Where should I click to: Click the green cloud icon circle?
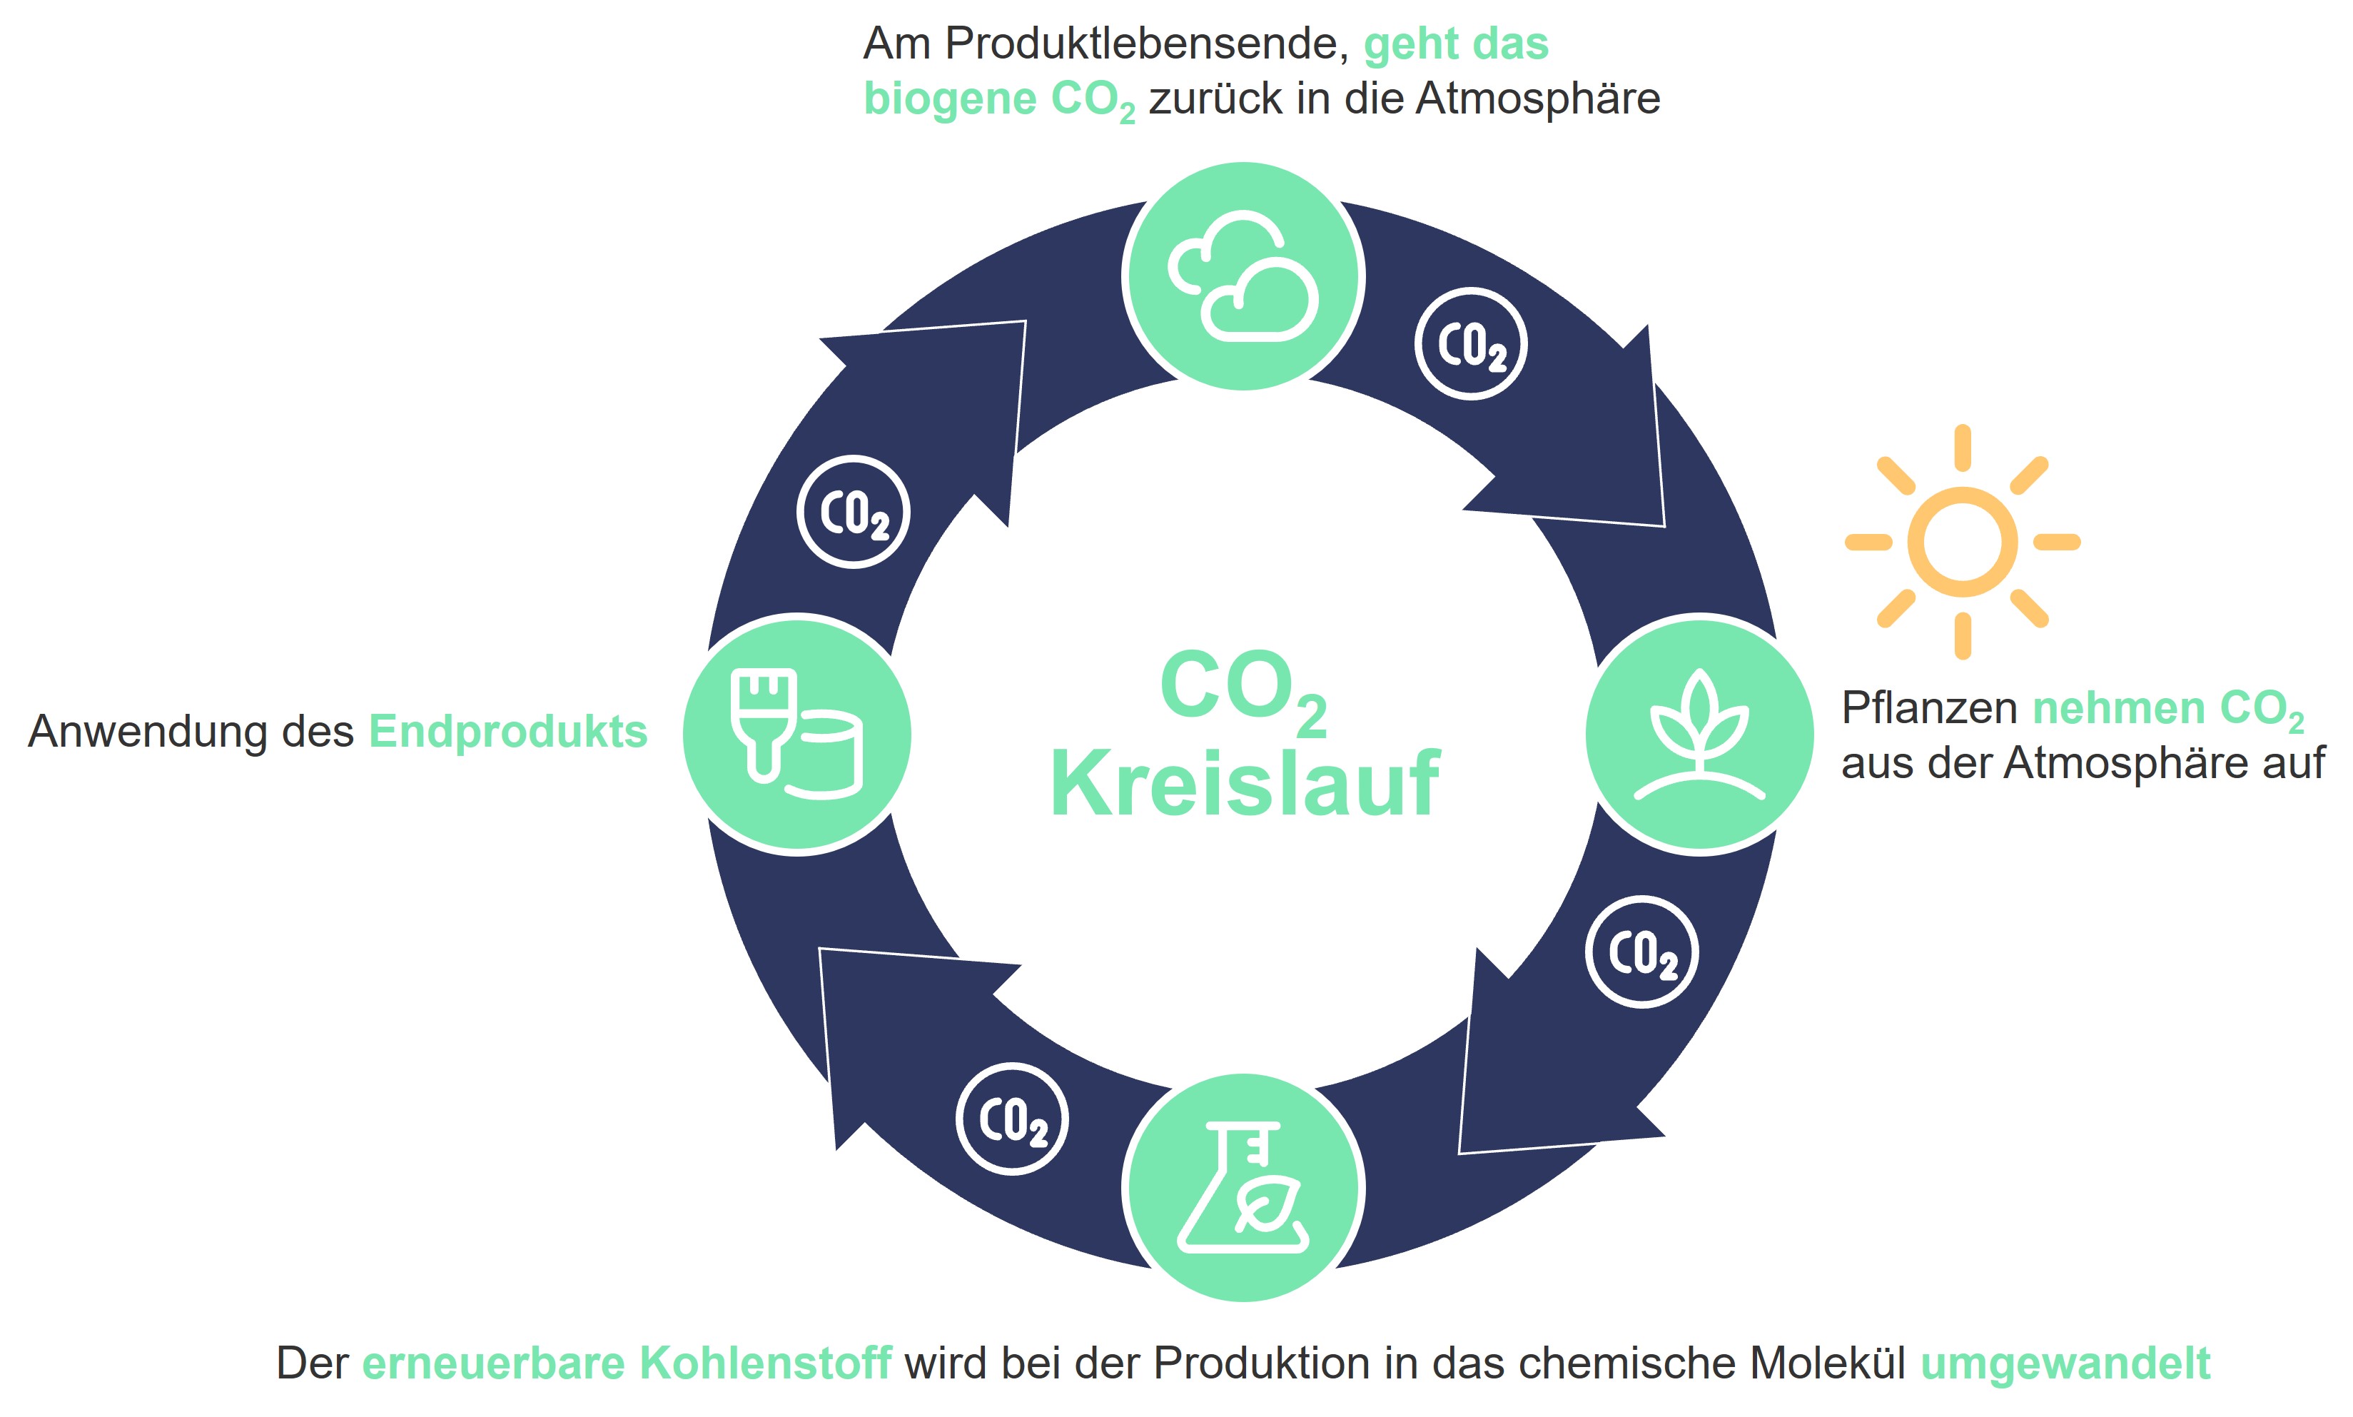tap(1243, 276)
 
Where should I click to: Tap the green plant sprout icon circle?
tap(1699, 735)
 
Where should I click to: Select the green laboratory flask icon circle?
tap(1243, 1188)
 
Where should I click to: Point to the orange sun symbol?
tap(1962, 541)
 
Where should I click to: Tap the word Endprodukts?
tap(508, 732)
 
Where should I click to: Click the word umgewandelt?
tap(2065, 1363)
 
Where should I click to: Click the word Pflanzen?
tap(1929, 708)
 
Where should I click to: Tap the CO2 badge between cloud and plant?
tap(1471, 344)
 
